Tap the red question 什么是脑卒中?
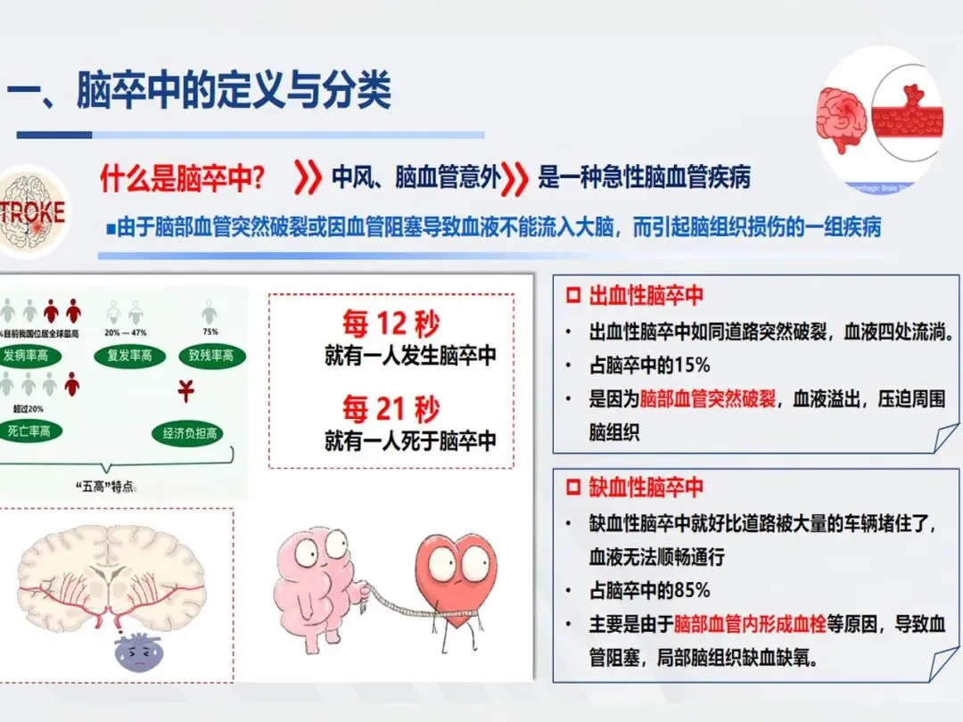[x=183, y=178]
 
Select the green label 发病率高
[x=38, y=356]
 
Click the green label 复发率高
[x=130, y=356]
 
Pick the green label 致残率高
[x=210, y=356]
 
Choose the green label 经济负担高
[x=189, y=434]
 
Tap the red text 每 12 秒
[x=391, y=324]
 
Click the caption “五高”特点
[x=108, y=487]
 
